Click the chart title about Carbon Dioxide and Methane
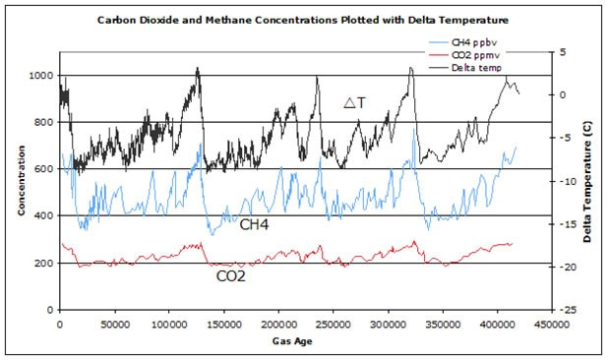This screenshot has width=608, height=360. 303,20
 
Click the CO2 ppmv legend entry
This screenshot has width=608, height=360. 479,56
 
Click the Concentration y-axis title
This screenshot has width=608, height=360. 21,183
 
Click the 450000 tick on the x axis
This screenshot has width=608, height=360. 549,323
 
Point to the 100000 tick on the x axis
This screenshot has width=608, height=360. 168,323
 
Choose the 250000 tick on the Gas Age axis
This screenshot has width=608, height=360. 332,323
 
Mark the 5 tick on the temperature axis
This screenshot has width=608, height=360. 562,52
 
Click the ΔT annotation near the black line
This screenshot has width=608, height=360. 355,102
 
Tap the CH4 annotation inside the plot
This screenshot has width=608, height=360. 257,225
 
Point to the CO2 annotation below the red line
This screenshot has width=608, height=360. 231,276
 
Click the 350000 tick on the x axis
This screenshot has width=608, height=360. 440,323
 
